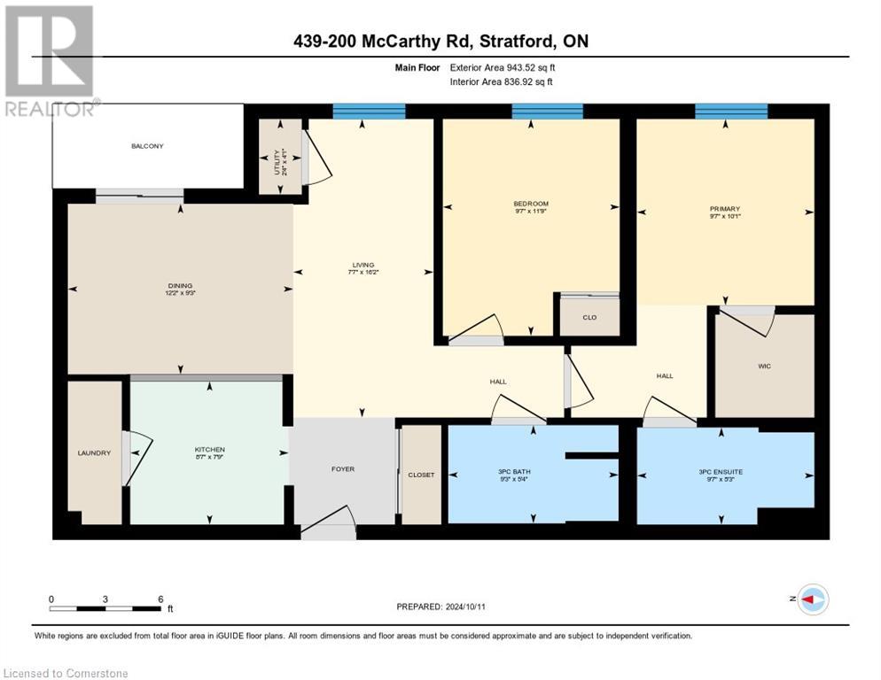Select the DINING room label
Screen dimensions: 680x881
(x=180, y=286)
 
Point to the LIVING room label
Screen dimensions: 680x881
(x=363, y=265)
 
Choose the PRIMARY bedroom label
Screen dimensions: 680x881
(x=724, y=209)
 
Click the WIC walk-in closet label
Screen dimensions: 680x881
(x=764, y=366)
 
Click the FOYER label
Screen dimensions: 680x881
(x=342, y=468)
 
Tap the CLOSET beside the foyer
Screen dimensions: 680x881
(x=421, y=475)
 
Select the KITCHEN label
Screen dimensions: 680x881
(x=209, y=450)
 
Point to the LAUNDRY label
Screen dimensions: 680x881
(x=94, y=452)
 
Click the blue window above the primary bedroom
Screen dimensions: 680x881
(x=731, y=111)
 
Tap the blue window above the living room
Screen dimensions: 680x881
(x=369, y=111)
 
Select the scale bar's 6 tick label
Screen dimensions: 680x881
(x=160, y=599)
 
